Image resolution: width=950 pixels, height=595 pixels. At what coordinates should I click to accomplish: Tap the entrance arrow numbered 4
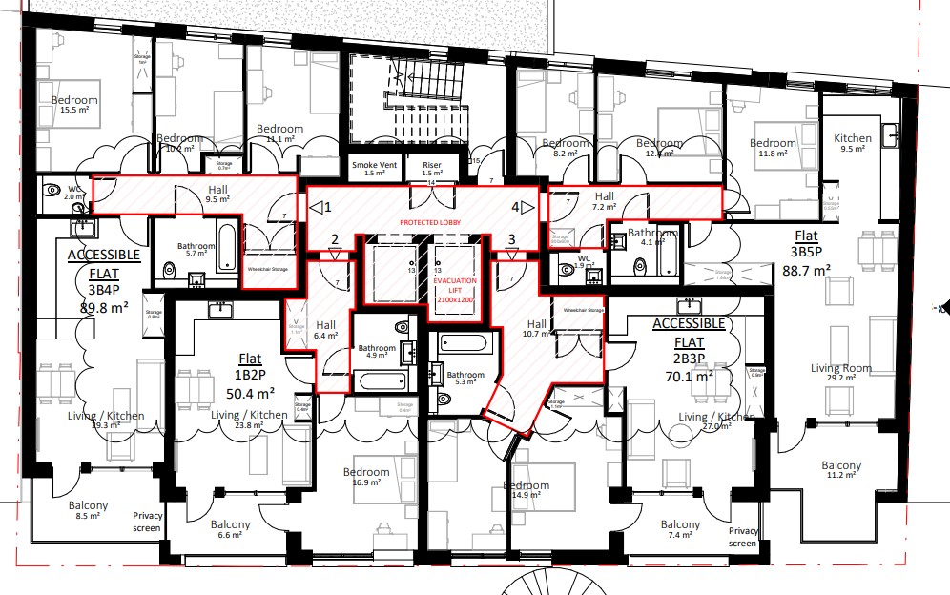[x=521, y=207]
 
